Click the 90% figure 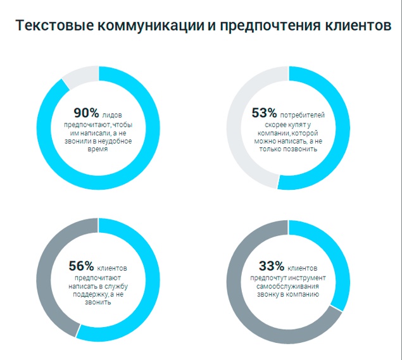(x=86, y=113)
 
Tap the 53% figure (x=264, y=113)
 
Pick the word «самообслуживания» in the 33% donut (x=288, y=286)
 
